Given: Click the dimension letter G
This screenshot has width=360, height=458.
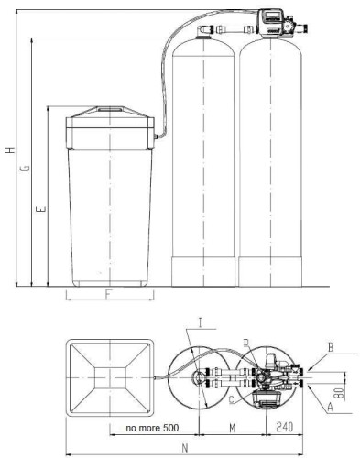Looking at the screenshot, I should click(x=25, y=168).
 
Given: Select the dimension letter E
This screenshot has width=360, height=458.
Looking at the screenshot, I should click(x=39, y=211).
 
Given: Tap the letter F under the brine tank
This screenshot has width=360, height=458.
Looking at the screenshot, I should click(x=108, y=295).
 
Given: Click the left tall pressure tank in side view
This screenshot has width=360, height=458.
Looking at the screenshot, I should click(x=202, y=165).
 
